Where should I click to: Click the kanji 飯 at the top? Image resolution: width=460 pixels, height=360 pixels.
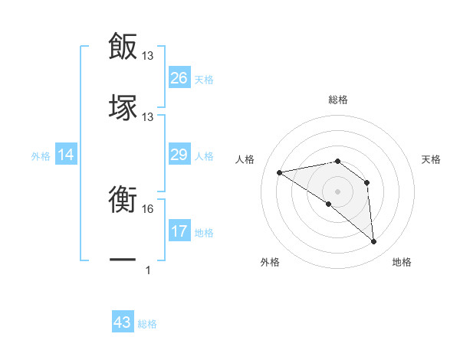click(x=123, y=46)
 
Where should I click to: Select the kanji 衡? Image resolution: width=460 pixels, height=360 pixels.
click(x=123, y=201)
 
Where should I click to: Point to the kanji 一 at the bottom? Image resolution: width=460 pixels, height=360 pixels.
click(x=123, y=260)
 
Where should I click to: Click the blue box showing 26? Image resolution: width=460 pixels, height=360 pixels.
click(x=179, y=78)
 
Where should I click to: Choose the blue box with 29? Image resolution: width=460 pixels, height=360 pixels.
click(x=179, y=155)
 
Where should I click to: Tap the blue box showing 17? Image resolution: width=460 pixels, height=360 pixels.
click(x=179, y=231)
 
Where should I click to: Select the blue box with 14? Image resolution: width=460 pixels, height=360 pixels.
click(x=66, y=155)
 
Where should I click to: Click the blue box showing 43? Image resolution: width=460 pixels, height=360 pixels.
click(x=123, y=322)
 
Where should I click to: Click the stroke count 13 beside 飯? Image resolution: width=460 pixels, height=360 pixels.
click(x=148, y=55)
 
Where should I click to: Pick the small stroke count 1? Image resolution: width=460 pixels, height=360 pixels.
click(x=148, y=270)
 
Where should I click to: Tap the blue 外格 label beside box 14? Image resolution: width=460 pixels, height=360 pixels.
click(x=41, y=156)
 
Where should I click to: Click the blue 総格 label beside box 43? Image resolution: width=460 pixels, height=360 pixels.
click(x=147, y=323)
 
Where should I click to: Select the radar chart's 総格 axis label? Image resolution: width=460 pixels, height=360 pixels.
click(x=337, y=100)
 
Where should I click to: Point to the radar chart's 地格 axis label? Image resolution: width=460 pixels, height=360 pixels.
click(x=402, y=262)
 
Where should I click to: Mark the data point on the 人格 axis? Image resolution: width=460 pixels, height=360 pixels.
click(x=280, y=172)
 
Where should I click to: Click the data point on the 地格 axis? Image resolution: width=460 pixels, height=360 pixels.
click(x=373, y=242)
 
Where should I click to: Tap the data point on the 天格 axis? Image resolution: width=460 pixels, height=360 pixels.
click(x=367, y=182)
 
